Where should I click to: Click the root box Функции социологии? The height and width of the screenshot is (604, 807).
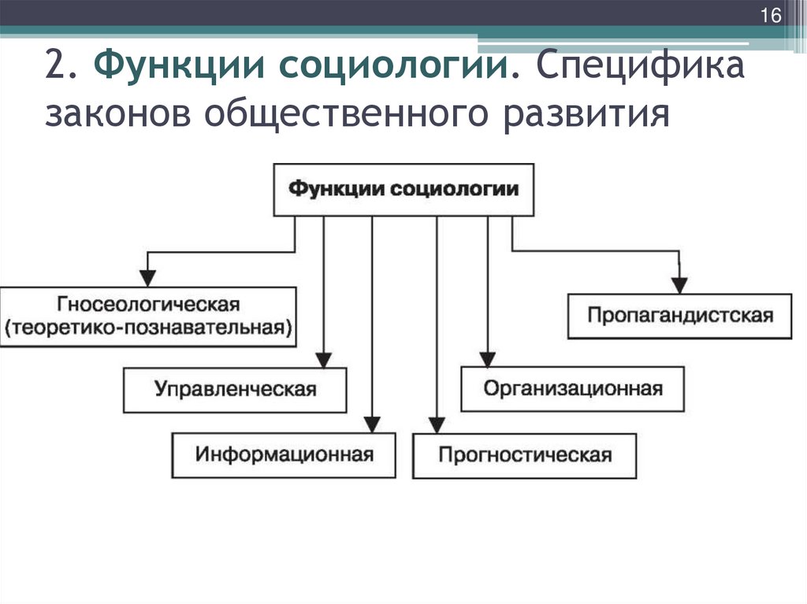click(x=403, y=189)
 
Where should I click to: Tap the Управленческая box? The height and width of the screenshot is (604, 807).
click(x=236, y=389)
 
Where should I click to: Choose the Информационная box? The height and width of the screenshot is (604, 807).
click(x=284, y=454)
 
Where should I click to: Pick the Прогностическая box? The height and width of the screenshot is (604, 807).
click(x=525, y=455)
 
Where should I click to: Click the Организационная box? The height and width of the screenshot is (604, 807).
click(x=573, y=388)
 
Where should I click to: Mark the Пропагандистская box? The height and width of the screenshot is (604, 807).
click(x=679, y=315)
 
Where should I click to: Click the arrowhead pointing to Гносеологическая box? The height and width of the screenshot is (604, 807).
click(x=147, y=278)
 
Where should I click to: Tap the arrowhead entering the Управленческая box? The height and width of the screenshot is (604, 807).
click(x=323, y=358)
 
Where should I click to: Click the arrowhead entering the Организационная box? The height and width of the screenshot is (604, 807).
click(x=488, y=358)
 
